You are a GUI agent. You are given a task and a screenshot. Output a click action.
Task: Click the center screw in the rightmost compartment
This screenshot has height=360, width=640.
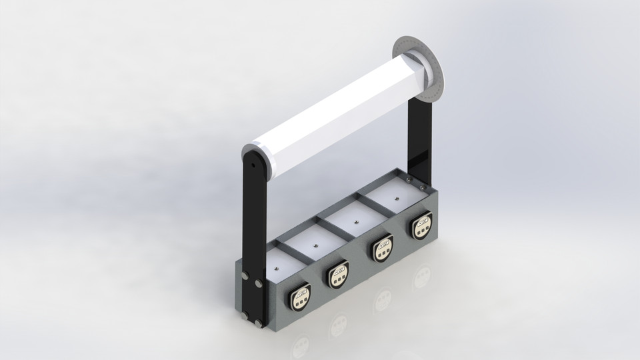coord(397,198)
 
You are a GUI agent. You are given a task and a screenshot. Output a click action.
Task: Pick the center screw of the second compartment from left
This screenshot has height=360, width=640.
coord(316,245)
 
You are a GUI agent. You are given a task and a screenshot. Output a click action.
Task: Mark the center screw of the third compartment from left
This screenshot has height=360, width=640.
coord(356,223)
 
